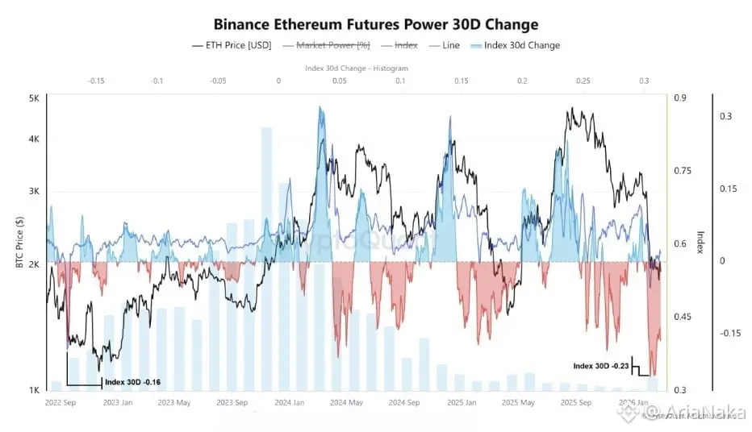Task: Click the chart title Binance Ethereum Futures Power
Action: (x=375, y=25)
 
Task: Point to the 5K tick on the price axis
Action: (x=33, y=98)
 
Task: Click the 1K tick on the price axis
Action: (x=33, y=390)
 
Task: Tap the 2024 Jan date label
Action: (x=288, y=401)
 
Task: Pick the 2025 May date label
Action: (x=518, y=401)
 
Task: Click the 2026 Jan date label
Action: (x=633, y=401)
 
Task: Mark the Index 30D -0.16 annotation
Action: (x=133, y=382)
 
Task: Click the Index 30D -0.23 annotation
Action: (x=601, y=366)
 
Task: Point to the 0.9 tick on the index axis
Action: (x=680, y=98)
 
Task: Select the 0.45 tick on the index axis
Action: (x=683, y=317)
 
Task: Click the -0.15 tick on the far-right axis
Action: (x=730, y=333)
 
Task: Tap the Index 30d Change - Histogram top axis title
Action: (x=357, y=69)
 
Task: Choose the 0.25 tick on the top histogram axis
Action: (x=583, y=81)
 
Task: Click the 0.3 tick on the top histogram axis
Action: (x=644, y=81)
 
